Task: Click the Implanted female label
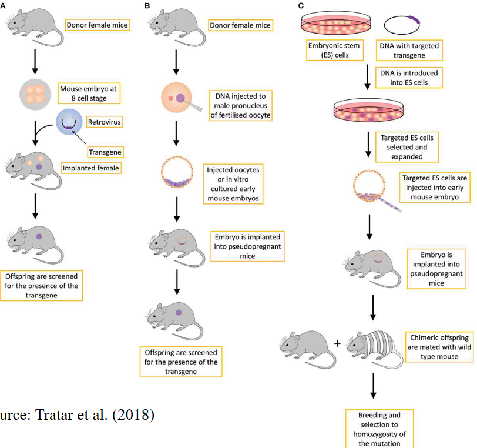click(x=88, y=168)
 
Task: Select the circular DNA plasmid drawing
click(x=402, y=25)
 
